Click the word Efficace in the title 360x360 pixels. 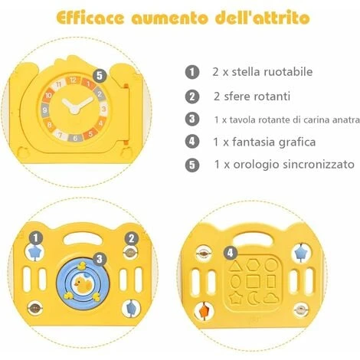click(90, 18)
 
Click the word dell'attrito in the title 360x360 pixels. click(263, 18)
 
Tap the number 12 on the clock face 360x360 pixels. click(73, 80)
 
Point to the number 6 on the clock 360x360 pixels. click(75, 138)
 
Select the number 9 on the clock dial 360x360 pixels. click(45, 110)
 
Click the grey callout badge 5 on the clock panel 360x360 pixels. click(100, 76)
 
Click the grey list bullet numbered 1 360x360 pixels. click(192, 72)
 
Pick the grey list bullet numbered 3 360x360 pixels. click(192, 119)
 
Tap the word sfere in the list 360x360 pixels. click(236, 97)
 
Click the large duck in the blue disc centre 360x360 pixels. click(83, 284)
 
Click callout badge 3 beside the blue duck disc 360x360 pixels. click(100, 260)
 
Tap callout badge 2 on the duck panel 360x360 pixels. click(132, 239)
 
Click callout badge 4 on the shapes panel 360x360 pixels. click(231, 253)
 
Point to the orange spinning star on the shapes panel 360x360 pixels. click(205, 311)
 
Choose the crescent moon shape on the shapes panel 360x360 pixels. click(253, 298)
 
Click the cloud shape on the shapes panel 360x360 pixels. click(271, 298)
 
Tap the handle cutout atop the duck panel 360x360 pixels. click(83, 238)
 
